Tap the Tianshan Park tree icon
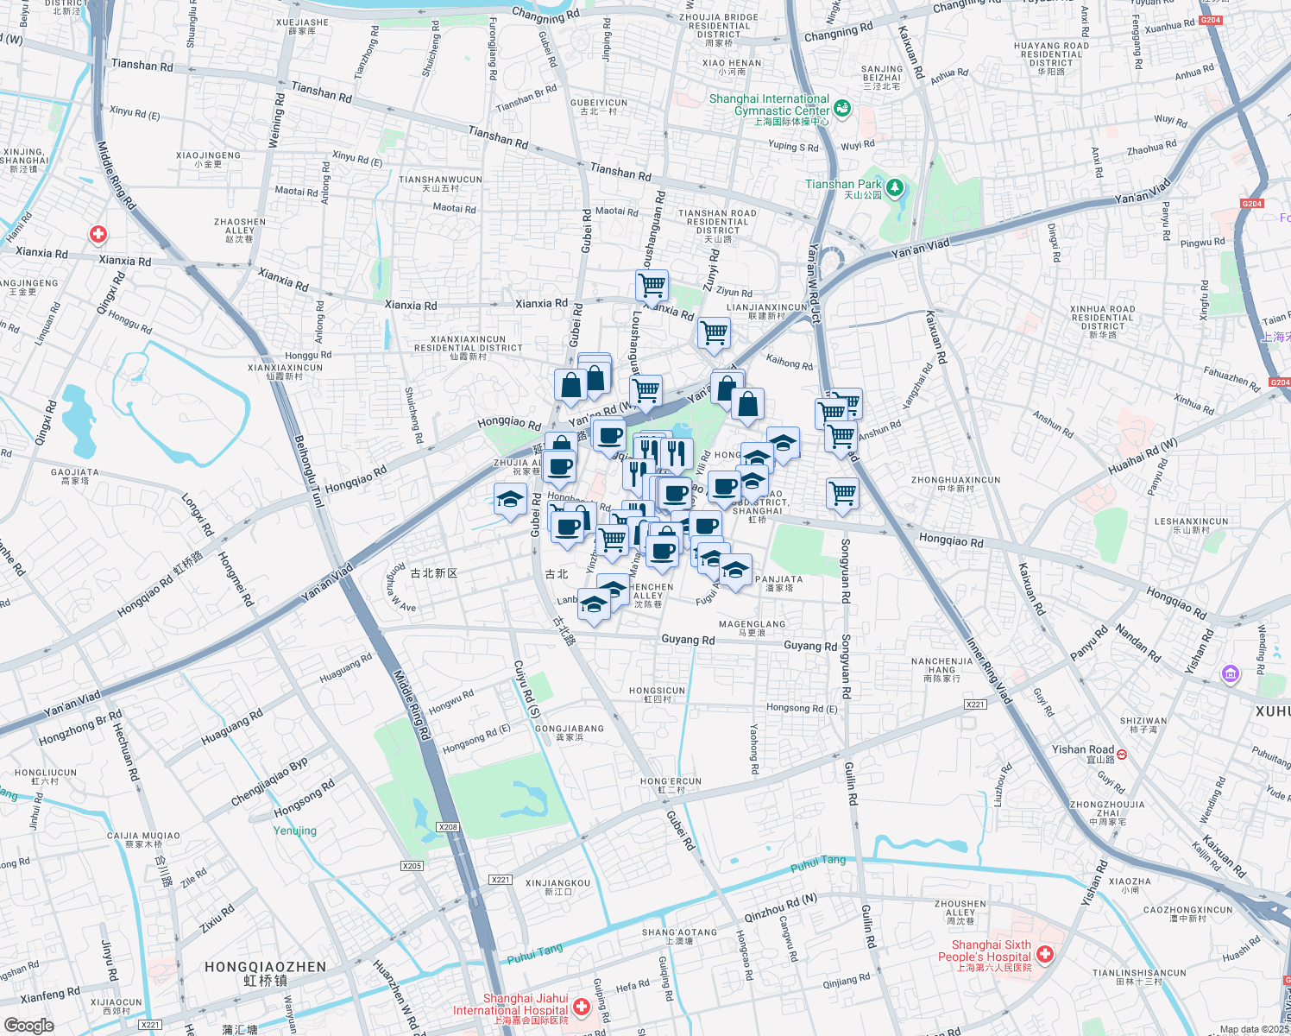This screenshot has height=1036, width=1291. (x=895, y=186)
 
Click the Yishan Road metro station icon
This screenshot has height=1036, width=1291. (x=1122, y=754)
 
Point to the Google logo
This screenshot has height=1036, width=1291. (x=28, y=1025)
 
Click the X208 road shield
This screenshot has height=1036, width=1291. (x=448, y=827)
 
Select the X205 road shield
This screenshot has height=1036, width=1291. (x=412, y=866)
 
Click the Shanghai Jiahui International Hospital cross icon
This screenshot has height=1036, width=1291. (x=582, y=1007)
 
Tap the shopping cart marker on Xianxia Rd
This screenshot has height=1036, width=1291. (x=652, y=284)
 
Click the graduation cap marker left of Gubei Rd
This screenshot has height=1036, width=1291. (x=510, y=499)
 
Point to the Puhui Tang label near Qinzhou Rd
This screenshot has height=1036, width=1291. (x=818, y=861)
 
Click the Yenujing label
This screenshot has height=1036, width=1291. (x=295, y=831)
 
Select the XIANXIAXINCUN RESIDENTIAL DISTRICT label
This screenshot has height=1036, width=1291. (x=468, y=344)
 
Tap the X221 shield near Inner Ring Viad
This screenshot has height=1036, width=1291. (x=975, y=704)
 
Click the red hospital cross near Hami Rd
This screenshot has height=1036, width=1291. (x=98, y=234)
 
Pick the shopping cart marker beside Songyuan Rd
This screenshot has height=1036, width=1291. (x=842, y=494)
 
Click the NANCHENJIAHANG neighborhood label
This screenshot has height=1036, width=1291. (x=941, y=670)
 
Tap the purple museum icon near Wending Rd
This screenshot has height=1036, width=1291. (x=1231, y=673)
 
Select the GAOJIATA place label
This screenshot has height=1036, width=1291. (x=74, y=477)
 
